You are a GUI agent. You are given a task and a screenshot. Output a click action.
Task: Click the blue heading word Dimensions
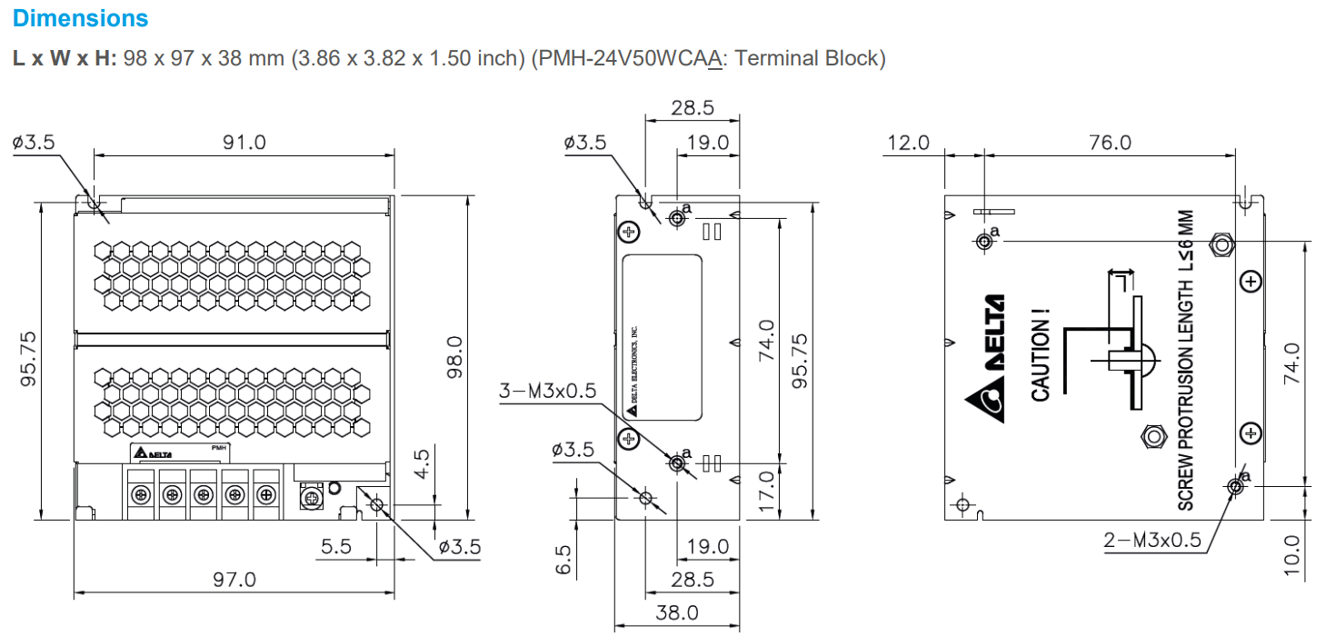tap(81, 18)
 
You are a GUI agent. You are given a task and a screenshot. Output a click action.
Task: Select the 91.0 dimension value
tap(245, 142)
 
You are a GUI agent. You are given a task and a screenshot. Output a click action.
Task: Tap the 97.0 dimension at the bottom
tap(234, 579)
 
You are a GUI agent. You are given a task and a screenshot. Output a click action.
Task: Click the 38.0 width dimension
tap(677, 613)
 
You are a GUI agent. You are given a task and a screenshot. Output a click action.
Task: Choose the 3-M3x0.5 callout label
tap(548, 391)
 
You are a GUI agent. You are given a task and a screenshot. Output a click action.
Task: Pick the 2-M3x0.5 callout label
tap(1152, 541)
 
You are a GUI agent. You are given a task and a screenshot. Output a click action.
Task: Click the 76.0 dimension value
tap(1111, 143)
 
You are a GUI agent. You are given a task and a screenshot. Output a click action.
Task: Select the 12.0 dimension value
tap(909, 143)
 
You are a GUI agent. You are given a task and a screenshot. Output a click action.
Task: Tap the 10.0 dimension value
tap(1293, 556)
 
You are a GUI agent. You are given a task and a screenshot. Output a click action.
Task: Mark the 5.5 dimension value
tap(336, 547)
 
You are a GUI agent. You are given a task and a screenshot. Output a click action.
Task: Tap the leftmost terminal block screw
tap(141, 494)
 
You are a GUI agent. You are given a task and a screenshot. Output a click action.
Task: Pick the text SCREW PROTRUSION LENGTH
tap(1186, 391)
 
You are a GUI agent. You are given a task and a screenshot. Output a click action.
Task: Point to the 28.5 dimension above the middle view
tap(693, 107)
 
